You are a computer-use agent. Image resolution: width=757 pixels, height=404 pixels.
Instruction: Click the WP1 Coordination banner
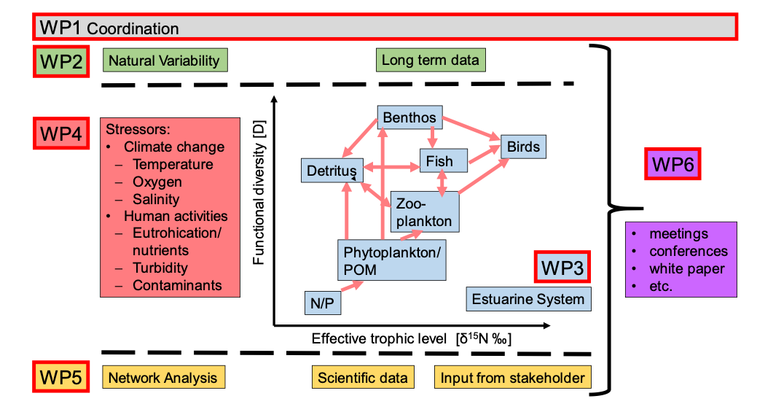pyautogui.click(x=385, y=28)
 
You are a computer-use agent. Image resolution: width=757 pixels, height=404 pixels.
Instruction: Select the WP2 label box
pyautogui.click(x=60, y=61)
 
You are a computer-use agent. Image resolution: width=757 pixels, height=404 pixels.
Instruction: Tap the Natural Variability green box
pyautogui.click(x=165, y=61)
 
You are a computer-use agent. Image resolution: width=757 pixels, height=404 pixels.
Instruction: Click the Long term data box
pyautogui.click(x=431, y=61)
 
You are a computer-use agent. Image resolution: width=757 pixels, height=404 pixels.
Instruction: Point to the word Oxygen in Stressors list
pyautogui.click(x=157, y=182)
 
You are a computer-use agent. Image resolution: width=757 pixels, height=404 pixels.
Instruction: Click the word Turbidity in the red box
pyautogui.click(x=160, y=268)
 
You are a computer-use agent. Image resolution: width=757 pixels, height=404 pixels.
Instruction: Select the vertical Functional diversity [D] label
pyautogui.click(x=259, y=192)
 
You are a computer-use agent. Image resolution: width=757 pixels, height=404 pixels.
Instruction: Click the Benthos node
pyautogui.click(x=409, y=117)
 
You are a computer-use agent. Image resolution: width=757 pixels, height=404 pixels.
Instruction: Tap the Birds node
pyautogui.click(x=523, y=147)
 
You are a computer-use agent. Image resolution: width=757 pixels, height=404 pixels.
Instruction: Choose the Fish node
pyautogui.click(x=439, y=161)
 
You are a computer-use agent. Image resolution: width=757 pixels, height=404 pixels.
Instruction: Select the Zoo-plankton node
pyautogui.click(x=425, y=212)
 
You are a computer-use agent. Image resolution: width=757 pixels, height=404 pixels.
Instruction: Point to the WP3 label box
pyautogui.click(x=562, y=268)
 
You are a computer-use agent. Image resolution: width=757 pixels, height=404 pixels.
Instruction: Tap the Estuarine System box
pyautogui.click(x=528, y=299)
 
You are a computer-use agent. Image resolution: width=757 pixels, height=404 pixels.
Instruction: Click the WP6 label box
pyautogui.click(x=672, y=163)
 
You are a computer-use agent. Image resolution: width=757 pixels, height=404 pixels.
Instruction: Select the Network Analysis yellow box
pyautogui.click(x=163, y=377)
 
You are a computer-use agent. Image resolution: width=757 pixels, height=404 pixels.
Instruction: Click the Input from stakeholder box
pyautogui.click(x=512, y=377)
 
